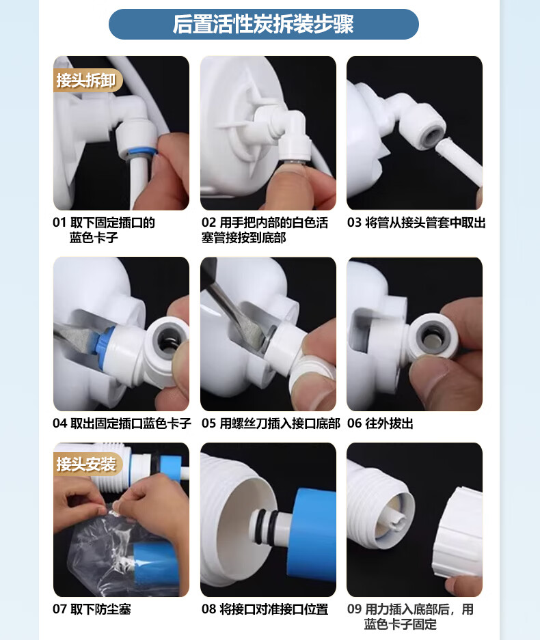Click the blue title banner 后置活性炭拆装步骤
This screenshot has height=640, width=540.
(x=263, y=24)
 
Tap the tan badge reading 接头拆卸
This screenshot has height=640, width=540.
(x=87, y=81)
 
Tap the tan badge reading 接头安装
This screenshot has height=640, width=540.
(x=87, y=464)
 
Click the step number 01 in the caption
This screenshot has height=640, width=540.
(x=59, y=223)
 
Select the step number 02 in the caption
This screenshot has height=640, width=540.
(x=208, y=223)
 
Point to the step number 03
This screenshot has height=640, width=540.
(x=354, y=223)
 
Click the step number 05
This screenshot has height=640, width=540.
(x=208, y=423)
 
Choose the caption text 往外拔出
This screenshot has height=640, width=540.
(x=389, y=423)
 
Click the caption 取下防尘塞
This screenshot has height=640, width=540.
(x=101, y=609)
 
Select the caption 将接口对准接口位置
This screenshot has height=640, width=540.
(x=274, y=609)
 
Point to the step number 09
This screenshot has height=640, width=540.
(x=354, y=609)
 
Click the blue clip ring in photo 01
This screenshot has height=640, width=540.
(x=141, y=152)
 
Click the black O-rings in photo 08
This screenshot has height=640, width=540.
(x=265, y=527)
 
